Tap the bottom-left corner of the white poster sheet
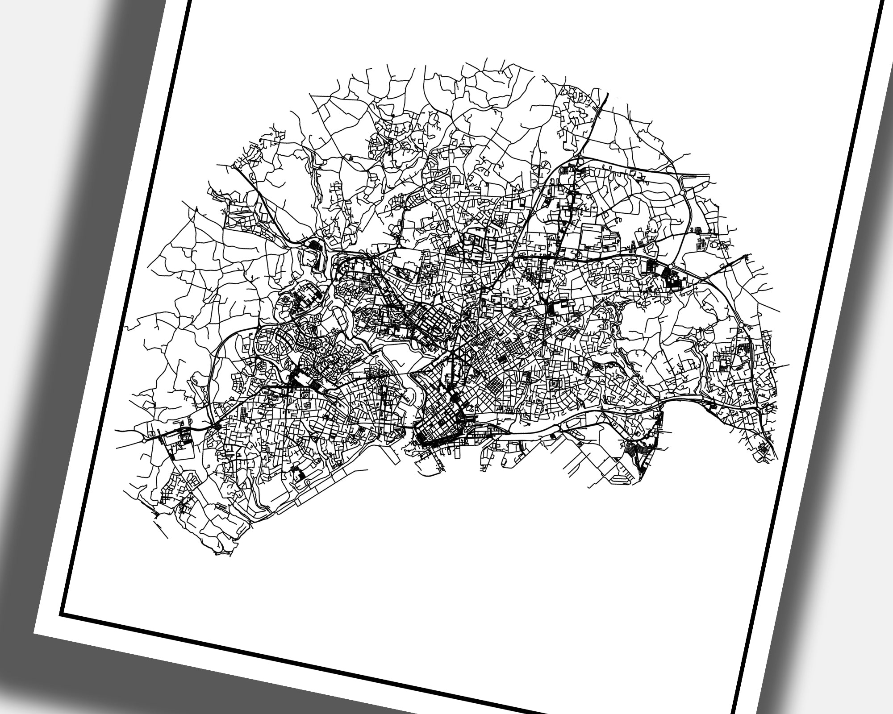point(35,633)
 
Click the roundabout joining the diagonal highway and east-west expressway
point(510,259)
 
